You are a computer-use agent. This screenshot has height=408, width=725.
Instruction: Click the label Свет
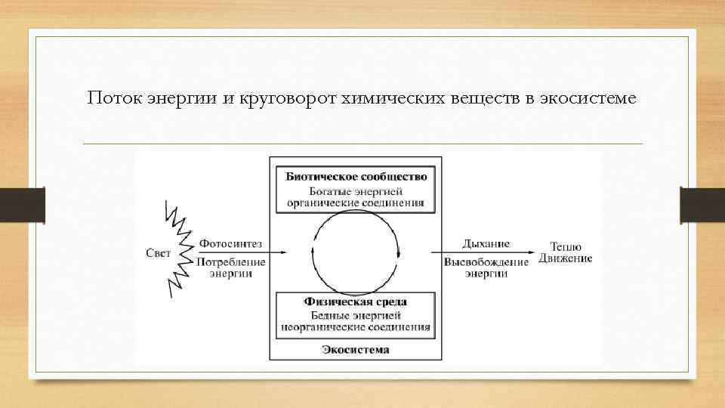[x=158, y=252]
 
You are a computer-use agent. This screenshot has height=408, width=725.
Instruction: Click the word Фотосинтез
[x=230, y=243]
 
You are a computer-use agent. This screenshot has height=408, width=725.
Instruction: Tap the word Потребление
[x=232, y=261]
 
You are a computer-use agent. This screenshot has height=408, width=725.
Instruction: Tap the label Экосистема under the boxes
[x=356, y=349]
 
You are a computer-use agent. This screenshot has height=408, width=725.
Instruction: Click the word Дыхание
[x=486, y=243]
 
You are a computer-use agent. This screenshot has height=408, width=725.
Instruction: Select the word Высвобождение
[x=486, y=261]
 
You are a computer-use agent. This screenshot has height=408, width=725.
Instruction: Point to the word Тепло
[x=566, y=246]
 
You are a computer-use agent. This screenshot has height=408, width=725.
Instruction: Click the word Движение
[x=566, y=258]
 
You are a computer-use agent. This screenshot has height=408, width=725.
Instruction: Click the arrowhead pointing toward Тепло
[x=533, y=252]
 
